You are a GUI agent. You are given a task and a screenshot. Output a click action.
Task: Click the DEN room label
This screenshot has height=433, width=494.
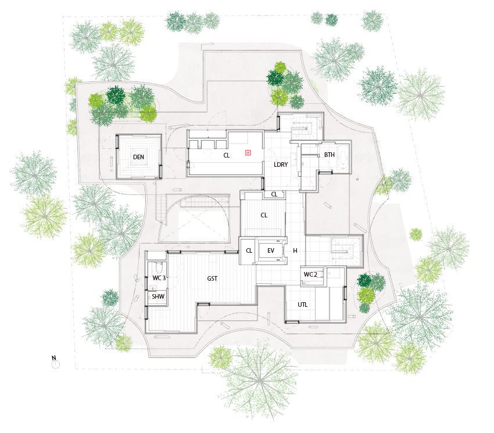coord(138,158)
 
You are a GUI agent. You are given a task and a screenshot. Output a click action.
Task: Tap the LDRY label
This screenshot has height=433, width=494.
coord(281,165)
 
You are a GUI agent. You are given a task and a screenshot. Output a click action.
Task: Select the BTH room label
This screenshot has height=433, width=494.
coord(330,155)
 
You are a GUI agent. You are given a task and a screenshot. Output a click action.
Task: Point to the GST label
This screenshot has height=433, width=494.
coord(212,279)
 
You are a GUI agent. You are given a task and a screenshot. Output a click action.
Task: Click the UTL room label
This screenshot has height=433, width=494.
coord(303,305)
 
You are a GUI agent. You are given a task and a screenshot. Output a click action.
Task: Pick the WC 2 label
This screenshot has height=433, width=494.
coord(310,274)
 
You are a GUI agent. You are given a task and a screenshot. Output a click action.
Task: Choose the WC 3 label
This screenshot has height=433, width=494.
coord(159,278)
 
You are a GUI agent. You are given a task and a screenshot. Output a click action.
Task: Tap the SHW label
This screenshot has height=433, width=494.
coord(158,296)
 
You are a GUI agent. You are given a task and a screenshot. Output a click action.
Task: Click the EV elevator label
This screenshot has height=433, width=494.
coord(270,251)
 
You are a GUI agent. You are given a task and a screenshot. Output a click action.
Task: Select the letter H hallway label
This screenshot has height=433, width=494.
coord(295,251)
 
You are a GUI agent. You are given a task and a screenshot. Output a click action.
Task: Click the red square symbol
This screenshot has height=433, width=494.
coord(248,153)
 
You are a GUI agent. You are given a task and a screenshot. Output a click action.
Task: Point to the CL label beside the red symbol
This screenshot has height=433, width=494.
coord(227,155)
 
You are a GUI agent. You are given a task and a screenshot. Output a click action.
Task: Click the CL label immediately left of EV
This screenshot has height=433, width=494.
coord(249,251)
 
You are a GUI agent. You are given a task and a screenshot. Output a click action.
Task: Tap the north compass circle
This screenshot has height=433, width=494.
coord(55,364)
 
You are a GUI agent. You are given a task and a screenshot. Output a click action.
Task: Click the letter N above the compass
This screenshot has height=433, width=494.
coord(53,357)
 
